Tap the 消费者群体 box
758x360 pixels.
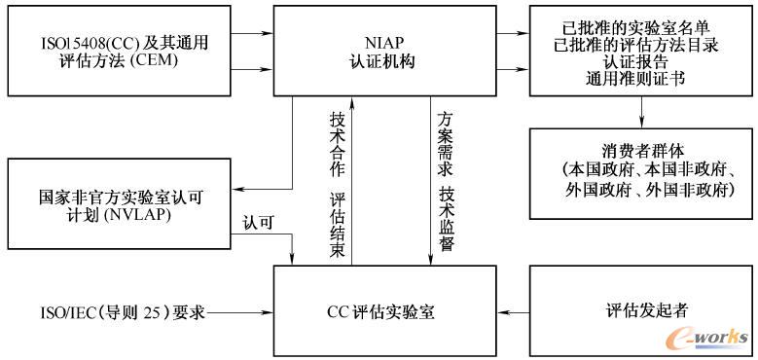(641, 173)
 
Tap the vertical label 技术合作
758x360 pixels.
(338, 142)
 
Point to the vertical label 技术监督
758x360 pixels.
(447, 220)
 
